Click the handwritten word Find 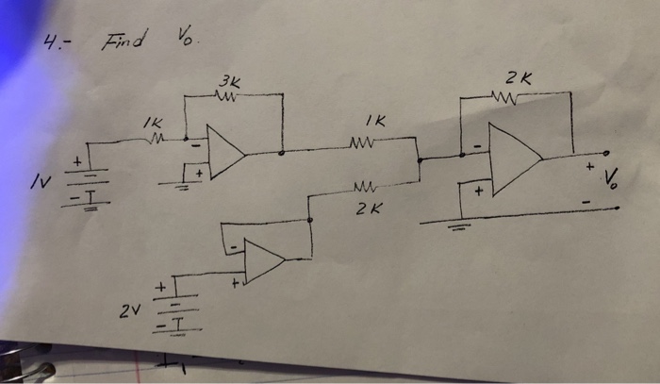123,41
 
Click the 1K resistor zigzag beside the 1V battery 157,140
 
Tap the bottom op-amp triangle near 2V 264,260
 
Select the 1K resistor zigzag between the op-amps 362,143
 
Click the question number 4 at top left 56,42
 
